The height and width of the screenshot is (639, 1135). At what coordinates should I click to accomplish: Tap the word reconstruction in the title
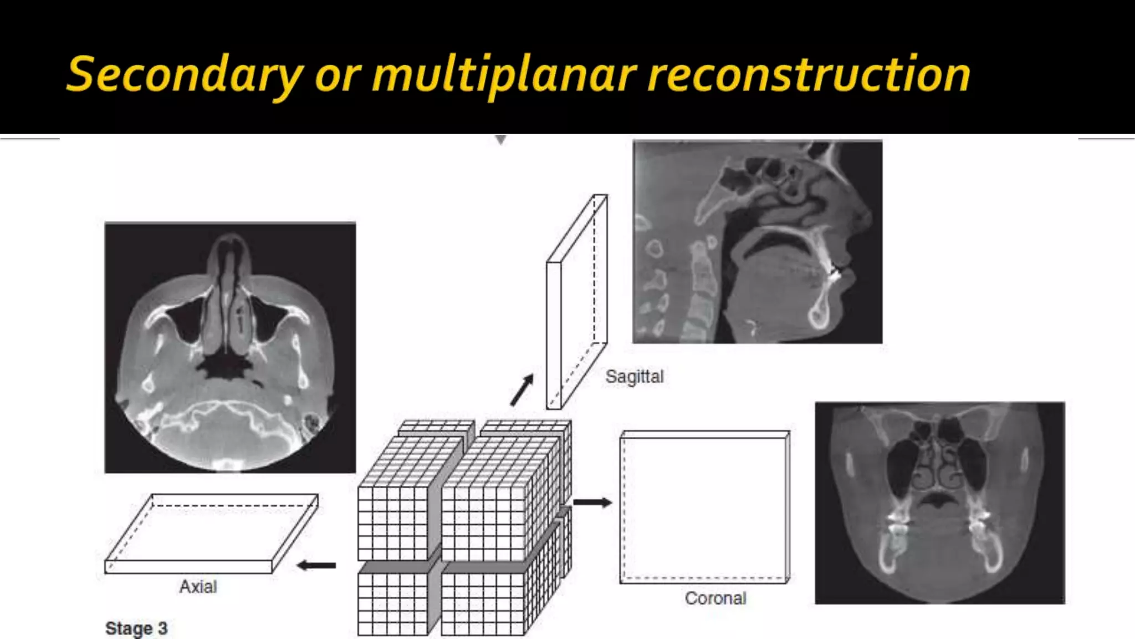(808, 75)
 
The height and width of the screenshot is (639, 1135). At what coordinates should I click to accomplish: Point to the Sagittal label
(635, 377)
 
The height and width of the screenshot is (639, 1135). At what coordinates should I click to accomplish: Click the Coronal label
(715, 598)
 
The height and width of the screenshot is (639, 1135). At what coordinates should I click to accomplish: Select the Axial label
(198, 587)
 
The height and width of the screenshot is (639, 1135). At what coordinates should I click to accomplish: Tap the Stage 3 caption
(136, 628)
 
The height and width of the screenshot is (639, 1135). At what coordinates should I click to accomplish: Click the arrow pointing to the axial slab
(316, 566)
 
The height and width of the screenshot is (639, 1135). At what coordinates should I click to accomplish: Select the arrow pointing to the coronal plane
(592, 503)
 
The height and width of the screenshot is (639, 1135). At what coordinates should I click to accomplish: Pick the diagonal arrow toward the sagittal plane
(522, 389)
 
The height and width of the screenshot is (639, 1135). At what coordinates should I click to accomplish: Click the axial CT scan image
(230, 348)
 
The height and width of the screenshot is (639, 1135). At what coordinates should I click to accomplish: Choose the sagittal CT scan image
(757, 242)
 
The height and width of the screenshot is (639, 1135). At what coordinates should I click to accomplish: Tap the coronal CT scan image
(939, 503)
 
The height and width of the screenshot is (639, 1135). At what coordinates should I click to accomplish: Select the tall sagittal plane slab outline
(576, 302)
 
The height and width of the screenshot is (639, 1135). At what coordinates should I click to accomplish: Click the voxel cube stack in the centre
(464, 527)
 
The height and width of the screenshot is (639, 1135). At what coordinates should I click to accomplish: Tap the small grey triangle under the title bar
(501, 140)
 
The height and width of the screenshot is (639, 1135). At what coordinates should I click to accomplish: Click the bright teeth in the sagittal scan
(835, 272)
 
